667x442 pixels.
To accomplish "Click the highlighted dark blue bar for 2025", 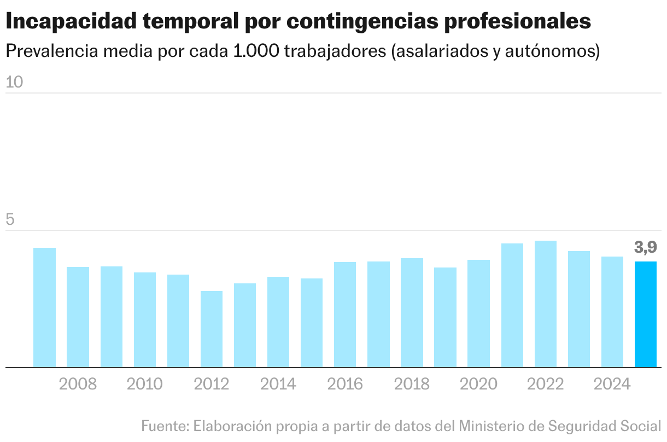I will tap(645, 314).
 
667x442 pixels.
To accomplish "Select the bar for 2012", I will tap(212, 329).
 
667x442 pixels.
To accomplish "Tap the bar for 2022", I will tap(545, 304).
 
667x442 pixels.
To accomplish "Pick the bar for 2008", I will tap(78, 317).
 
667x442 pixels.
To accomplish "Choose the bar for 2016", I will tap(345, 315).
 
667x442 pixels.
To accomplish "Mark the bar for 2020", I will tap(478, 313).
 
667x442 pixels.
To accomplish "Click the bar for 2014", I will tap(278, 322).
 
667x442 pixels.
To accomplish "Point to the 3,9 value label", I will tap(645, 248).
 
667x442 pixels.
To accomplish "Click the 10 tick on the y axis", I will tap(14, 82).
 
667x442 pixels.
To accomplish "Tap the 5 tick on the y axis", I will tap(10, 220).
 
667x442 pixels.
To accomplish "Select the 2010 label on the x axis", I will tap(144, 384).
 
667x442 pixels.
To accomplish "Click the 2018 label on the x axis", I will tap(412, 384).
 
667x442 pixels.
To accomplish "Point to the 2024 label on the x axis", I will tap(612, 384).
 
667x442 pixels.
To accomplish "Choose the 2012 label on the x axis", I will tap(212, 384).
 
